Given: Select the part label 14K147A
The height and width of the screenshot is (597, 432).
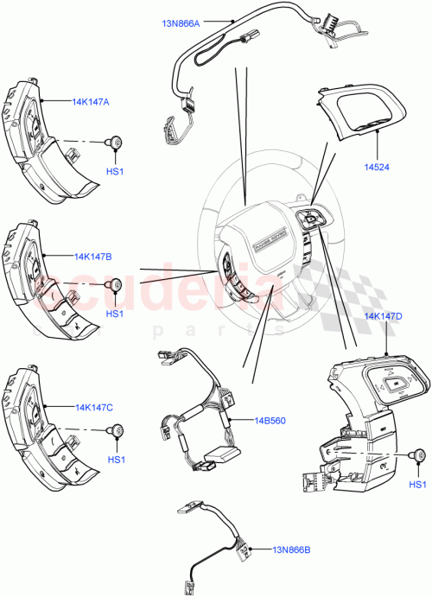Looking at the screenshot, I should click(92, 101).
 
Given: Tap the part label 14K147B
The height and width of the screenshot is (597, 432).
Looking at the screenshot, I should click(92, 257).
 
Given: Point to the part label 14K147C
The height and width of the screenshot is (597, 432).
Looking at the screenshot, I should click(92, 406).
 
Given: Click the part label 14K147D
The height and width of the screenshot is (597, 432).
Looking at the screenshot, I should click(383, 317).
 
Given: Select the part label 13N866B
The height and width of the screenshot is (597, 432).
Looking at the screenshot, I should click(294, 548).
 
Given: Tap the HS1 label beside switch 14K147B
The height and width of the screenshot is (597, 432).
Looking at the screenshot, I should click(116, 314).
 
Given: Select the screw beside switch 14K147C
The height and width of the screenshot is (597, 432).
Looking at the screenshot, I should click(114, 430).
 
